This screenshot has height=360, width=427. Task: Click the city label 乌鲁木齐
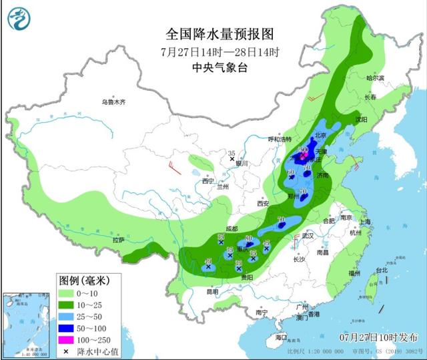(x=113, y=102)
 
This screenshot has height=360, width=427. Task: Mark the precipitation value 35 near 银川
(x=232, y=153)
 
